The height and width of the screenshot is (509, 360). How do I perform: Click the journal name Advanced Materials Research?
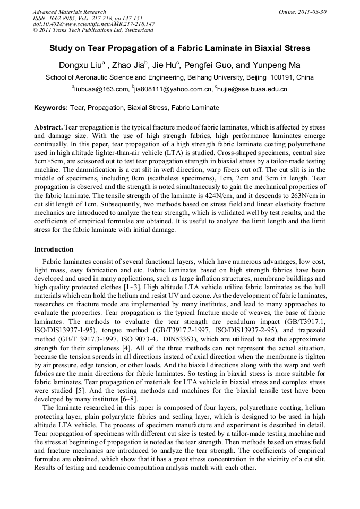(x=69, y=12)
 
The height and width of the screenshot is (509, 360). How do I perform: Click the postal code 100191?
(x=286, y=77)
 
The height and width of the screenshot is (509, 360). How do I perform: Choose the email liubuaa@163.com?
(x=101, y=89)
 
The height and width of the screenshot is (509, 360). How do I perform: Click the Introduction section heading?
(x=54, y=249)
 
